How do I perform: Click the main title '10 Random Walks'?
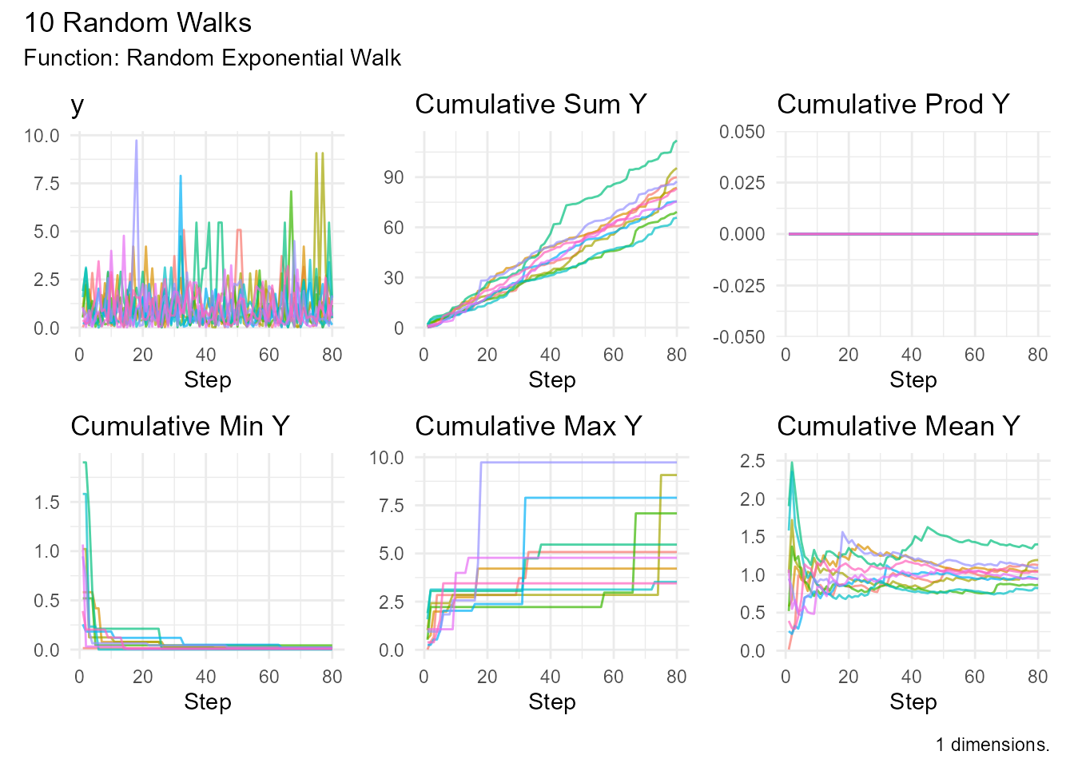[137, 22]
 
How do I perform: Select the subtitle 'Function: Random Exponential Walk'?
[212, 58]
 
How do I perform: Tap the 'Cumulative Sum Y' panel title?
[531, 105]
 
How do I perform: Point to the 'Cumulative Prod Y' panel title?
[893, 105]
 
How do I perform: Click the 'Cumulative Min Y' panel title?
[180, 427]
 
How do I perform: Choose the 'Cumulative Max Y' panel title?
[528, 427]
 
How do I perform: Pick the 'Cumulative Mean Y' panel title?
[898, 427]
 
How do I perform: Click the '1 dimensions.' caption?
[992, 745]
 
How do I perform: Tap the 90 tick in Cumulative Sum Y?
[393, 177]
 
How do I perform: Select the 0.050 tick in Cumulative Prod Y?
[742, 132]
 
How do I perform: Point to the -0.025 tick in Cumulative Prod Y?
[739, 286]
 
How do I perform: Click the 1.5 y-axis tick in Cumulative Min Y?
[47, 503]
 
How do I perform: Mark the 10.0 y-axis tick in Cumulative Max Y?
[386, 458]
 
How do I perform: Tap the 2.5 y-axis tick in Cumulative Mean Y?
[752, 461]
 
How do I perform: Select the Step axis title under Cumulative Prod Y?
[913, 380]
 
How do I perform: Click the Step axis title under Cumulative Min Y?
[207, 702]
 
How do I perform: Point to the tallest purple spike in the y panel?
[136, 142]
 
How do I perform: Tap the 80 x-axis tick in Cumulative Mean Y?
[1037, 677]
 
